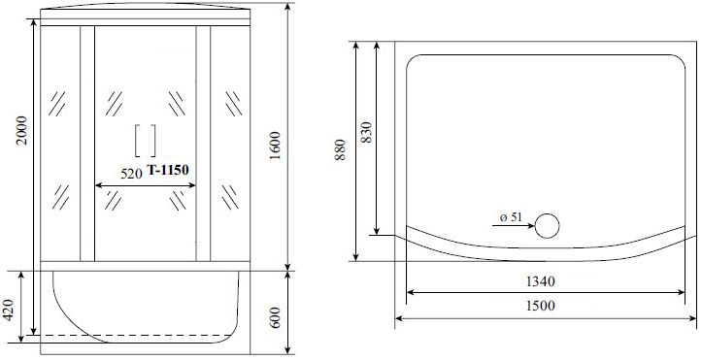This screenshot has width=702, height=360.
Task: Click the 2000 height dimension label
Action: pyautogui.click(x=22, y=130)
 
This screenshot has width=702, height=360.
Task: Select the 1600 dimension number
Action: pyautogui.click(x=275, y=146)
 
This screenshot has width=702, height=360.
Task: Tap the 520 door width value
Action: pyautogui.click(x=131, y=173)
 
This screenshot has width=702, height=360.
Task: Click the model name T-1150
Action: pyautogui.click(x=168, y=170)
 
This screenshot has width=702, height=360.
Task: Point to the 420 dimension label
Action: pyautogui.click(x=9, y=310)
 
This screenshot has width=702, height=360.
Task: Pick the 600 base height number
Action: pyautogui.click(x=275, y=317)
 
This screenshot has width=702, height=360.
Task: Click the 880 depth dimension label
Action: pyautogui.click(x=340, y=150)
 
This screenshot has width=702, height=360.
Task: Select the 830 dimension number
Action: pyautogui.click(x=366, y=132)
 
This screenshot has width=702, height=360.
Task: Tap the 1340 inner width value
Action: pyautogui.click(x=540, y=281)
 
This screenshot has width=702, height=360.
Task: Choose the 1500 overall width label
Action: pyautogui.click(x=540, y=306)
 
